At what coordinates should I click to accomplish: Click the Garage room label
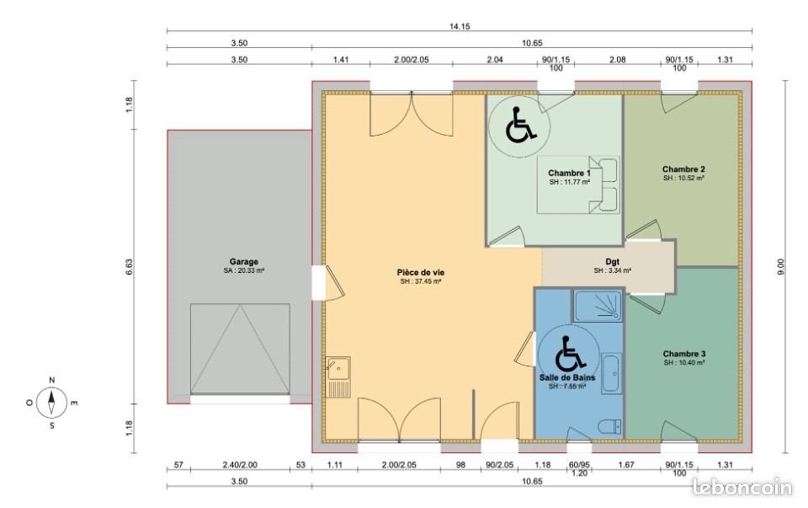[x=243, y=262]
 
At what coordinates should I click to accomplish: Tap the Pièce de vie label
[x=421, y=272]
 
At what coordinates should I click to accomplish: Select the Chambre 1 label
[x=569, y=173]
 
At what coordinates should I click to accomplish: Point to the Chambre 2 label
[x=683, y=168]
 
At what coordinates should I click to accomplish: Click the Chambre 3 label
[x=683, y=353]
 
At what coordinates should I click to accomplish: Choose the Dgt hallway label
[x=612, y=261]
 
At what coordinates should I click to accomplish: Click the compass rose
[x=52, y=403]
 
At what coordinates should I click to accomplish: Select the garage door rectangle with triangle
[x=240, y=348]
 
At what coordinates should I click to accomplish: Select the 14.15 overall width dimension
[x=460, y=27]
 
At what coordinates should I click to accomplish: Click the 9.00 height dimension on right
[x=781, y=265]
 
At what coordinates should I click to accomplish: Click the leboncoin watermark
[x=742, y=487]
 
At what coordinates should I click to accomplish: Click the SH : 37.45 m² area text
[x=421, y=282]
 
